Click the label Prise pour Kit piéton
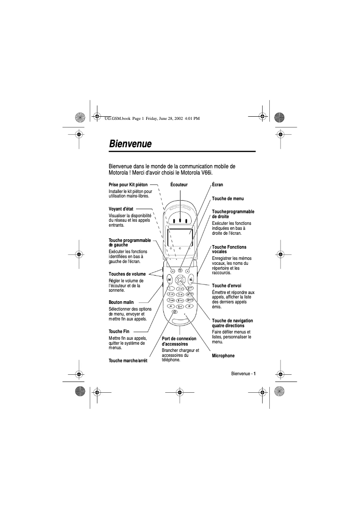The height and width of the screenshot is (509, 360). coord(128,184)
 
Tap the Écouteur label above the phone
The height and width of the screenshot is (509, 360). coord(179,184)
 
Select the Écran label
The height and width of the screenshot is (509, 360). coord(217,184)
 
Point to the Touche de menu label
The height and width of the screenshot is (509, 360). coord(228,198)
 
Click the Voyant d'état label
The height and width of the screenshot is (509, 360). coord(121,209)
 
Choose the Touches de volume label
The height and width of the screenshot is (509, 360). coord(127,273)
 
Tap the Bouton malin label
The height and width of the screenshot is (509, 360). coord(121,302)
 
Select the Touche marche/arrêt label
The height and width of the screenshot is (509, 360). coord(128,360)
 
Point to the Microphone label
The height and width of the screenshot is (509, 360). coord(223,355)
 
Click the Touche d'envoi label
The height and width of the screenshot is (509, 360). coord(226,285)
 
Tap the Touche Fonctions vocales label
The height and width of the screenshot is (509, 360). coord(229,249)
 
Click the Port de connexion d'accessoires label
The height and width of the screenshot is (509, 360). coord(179,341)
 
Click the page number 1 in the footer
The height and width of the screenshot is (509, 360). coord(255,373)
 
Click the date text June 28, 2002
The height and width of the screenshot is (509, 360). coord(166,118)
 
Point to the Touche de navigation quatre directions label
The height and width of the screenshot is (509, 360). coord(232,323)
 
